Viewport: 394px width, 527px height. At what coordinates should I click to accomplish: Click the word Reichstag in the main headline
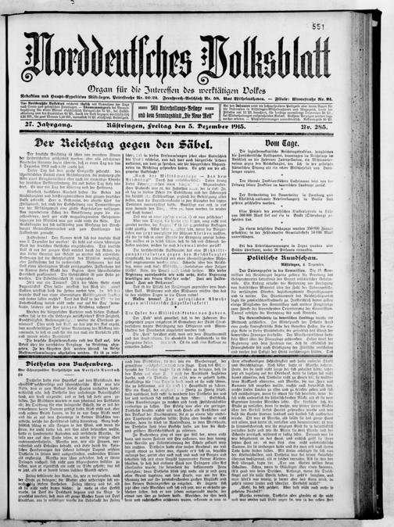pos(106,145)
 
